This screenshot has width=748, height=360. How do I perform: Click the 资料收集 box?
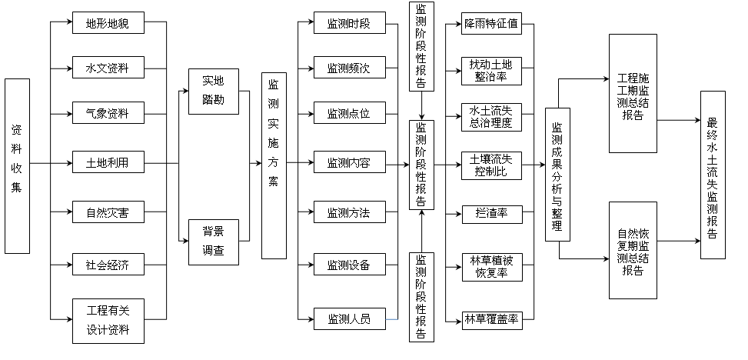tap(17, 165)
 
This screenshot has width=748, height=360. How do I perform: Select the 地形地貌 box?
tap(108, 23)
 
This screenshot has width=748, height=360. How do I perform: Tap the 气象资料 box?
tap(108, 115)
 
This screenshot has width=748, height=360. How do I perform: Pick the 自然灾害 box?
tap(108, 212)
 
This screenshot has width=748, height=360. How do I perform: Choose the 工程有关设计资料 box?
tap(108, 321)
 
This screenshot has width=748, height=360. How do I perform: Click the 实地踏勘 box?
tap(214, 91)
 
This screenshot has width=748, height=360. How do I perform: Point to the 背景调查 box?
tap(214, 241)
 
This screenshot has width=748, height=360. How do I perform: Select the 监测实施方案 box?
tap(274, 165)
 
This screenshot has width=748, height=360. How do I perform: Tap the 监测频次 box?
tap(348, 68)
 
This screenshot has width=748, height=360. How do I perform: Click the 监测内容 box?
tap(348, 163)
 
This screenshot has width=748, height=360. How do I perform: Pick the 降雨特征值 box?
tap(491, 24)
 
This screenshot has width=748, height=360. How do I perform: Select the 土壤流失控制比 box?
tap(491, 165)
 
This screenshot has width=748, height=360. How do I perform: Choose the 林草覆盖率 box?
tap(491, 318)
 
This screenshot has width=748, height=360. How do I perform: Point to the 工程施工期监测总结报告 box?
tap(633, 92)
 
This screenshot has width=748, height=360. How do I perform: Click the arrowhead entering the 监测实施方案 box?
tap(258, 164)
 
